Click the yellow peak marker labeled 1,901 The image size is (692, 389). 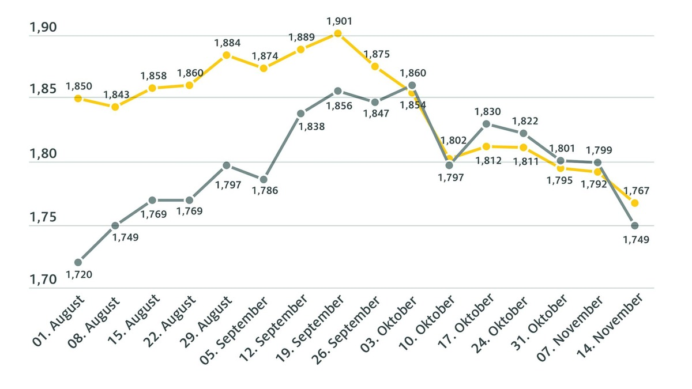(x=338, y=33)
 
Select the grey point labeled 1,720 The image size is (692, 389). (x=78, y=262)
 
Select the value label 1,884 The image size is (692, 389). (x=227, y=43)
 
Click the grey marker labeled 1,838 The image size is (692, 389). (x=301, y=114)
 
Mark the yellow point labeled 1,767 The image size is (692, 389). (x=635, y=203)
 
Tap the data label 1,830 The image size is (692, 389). (x=487, y=111)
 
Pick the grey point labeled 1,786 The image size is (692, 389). (x=264, y=179)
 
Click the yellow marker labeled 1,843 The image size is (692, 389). (x=115, y=107)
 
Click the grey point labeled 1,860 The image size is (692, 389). (x=412, y=85)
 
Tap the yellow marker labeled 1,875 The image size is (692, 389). (x=375, y=66)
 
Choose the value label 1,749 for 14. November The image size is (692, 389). (x=635, y=240)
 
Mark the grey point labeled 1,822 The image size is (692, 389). (x=524, y=133)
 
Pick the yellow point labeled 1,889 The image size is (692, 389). (x=301, y=49)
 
